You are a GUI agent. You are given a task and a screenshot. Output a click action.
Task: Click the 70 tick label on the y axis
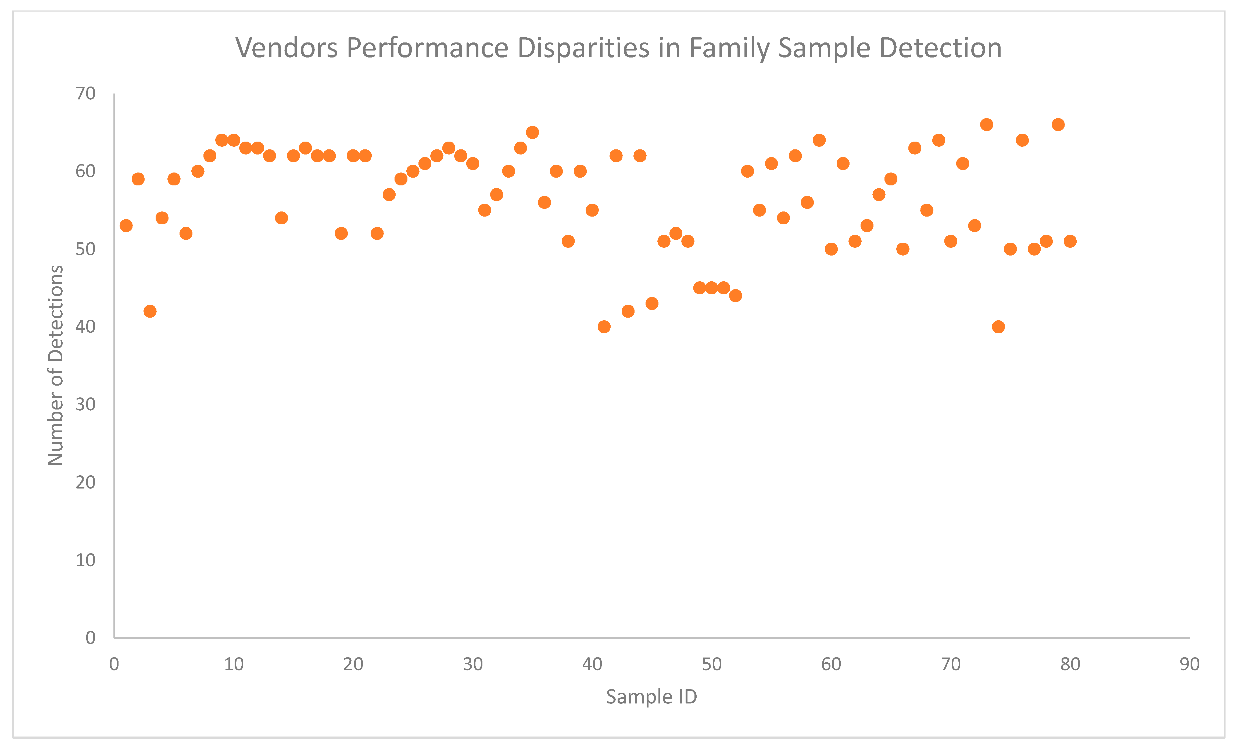[85, 94]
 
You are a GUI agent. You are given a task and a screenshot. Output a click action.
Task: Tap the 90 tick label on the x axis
[1189, 665]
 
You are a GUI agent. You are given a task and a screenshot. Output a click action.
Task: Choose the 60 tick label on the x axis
[831, 665]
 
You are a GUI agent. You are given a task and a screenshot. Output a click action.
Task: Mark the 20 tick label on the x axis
[353, 665]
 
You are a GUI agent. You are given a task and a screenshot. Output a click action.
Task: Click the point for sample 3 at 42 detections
[150, 311]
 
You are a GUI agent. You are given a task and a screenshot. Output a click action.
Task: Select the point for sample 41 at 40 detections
[604, 327]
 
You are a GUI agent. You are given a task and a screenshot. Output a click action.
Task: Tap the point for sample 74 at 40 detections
[998, 327]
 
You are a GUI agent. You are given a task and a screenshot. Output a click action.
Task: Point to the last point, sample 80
[1070, 241]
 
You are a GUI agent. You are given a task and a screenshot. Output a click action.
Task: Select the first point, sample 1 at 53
[126, 225]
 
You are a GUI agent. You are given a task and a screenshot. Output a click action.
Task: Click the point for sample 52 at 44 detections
[736, 296]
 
